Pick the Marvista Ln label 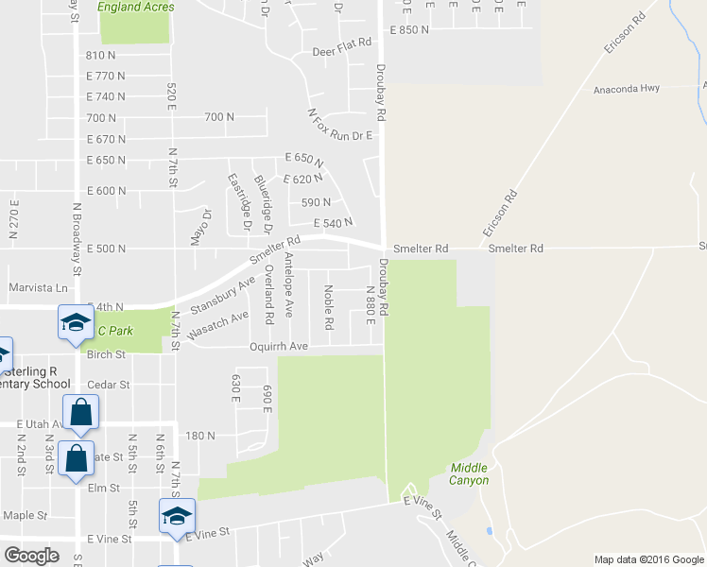[39, 287]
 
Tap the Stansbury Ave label [223, 295]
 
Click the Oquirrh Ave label [279, 347]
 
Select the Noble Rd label [329, 308]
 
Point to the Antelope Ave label [289, 284]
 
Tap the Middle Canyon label [470, 473]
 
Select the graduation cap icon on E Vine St [177, 515]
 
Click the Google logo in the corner [31, 556]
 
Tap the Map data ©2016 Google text [648, 559]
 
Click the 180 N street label [201, 437]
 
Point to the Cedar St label [107, 386]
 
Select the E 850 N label [409, 30]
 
